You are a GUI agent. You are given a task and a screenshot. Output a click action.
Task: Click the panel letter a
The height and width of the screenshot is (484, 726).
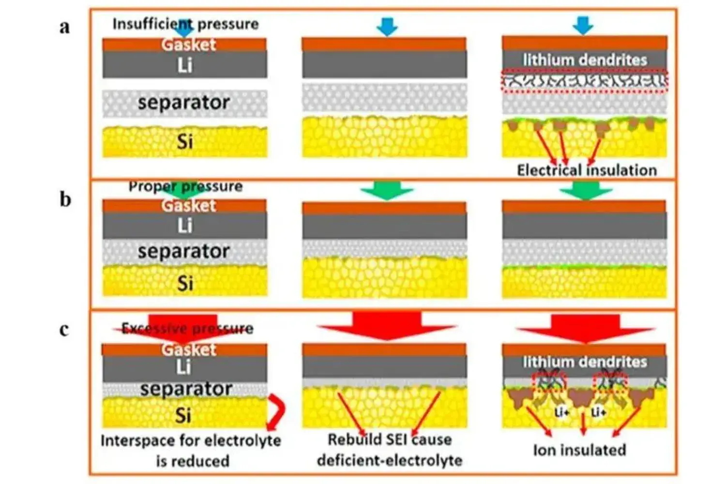coord(64,27)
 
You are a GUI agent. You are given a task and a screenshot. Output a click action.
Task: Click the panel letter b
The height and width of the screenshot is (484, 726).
coord(65,199)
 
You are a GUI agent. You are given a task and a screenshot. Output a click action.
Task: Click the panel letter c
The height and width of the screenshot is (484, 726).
coord(64,330)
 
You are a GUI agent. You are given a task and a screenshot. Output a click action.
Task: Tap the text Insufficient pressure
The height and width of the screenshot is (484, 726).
coord(185,24)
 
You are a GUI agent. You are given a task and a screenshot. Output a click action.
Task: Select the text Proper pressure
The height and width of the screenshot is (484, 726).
coord(185,186)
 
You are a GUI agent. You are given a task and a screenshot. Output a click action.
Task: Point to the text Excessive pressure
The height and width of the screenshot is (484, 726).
coord(187,329)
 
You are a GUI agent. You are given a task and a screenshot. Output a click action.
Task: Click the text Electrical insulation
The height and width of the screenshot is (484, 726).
coord(587,170)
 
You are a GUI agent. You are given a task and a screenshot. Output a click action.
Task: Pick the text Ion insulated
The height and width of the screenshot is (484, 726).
coord(579,450)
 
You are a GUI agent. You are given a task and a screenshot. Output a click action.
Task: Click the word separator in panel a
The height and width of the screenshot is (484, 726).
coord(183,103)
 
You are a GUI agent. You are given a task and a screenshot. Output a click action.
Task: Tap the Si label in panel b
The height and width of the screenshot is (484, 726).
coord(185,283)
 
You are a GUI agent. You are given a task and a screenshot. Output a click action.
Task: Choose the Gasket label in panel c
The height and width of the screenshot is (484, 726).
coord(189,349)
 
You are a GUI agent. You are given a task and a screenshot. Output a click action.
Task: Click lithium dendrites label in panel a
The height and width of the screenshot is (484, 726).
coord(585,60)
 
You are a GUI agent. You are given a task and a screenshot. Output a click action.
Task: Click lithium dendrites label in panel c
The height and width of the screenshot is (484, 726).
coord(585,362)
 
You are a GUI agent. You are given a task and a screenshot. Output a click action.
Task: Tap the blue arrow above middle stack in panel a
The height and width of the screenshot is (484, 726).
coord(386,27)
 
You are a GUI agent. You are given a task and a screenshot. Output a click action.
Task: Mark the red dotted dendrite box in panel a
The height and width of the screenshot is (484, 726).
coord(585,81)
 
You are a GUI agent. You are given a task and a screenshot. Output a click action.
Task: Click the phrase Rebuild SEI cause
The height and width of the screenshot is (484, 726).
coord(390,439)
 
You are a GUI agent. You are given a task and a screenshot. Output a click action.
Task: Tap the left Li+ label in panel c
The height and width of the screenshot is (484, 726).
coord(561,412)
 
